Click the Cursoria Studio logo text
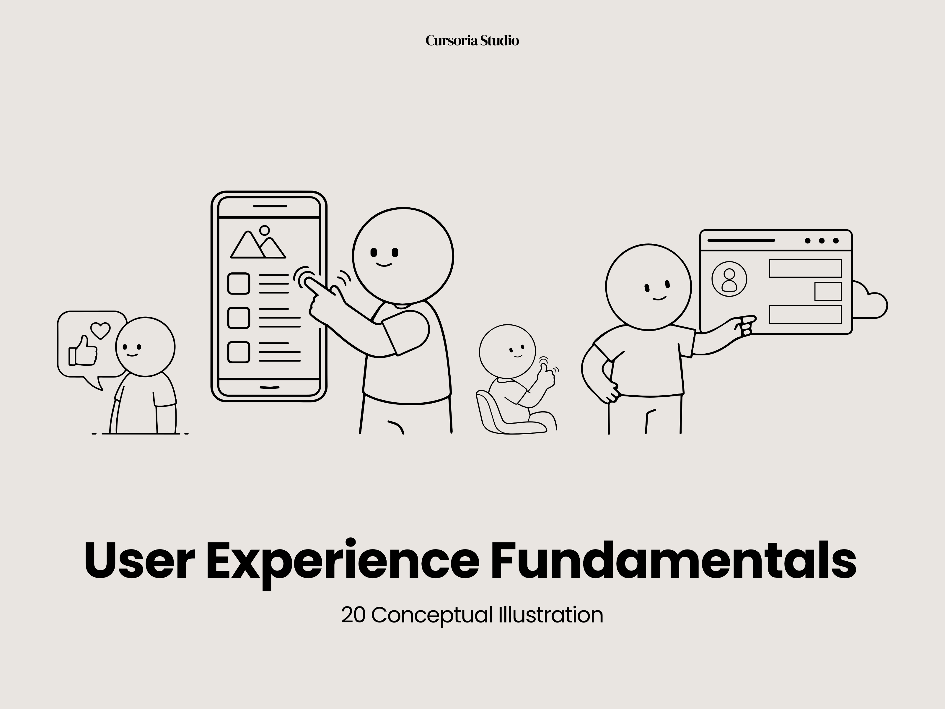472,40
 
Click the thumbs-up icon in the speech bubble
83,351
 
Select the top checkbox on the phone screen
238,283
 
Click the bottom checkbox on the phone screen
238,352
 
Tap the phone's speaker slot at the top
270,206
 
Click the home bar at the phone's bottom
270,387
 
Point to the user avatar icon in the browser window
729,279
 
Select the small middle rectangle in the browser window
828,292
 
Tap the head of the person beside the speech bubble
145,347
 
